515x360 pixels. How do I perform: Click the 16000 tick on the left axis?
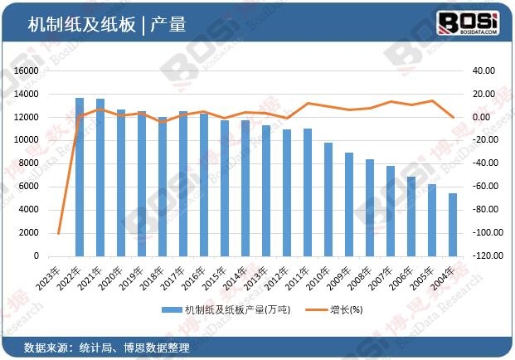coord(27,71)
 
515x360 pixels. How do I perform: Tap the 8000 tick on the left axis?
coord(30,163)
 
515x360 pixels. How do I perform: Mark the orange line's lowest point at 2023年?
coord(59,234)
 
